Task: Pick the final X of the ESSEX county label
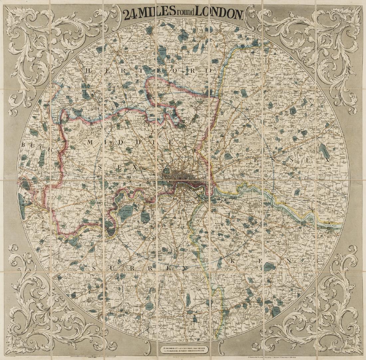pyautogui.click(x=327, y=160)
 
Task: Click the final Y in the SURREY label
pyautogui.click(x=184, y=268)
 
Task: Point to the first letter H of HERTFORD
pyautogui.click(x=88, y=71)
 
